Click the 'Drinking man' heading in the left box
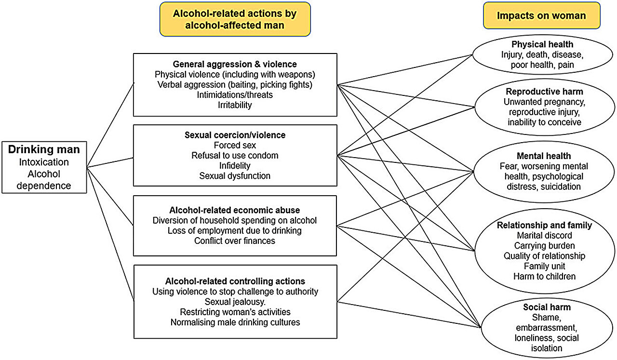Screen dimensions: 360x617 tap(44, 149)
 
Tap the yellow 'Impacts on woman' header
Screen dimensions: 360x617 tap(541, 15)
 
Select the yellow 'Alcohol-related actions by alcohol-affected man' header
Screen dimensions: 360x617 tap(235, 19)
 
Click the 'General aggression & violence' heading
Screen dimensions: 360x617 tap(235, 64)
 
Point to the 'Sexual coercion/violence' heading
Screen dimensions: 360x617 tap(235, 135)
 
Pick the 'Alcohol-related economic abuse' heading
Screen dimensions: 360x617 tap(235, 210)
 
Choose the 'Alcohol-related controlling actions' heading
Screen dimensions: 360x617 tap(235, 281)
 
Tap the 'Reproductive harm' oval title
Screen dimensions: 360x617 tap(544, 92)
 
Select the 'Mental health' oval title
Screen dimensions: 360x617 tap(543, 156)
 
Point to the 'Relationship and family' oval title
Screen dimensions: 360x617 tap(544, 225)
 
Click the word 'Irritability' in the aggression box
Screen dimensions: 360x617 tap(235, 105)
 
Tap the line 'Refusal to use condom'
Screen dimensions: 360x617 tap(235, 156)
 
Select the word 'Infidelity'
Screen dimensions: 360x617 tap(235, 166)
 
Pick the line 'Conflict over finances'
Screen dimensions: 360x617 tap(235, 240)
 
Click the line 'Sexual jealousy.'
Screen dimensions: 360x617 tap(235, 302)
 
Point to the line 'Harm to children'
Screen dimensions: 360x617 tap(544, 276)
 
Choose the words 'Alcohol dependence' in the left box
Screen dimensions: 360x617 tap(44, 179)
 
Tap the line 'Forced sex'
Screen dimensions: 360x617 tap(235, 146)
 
